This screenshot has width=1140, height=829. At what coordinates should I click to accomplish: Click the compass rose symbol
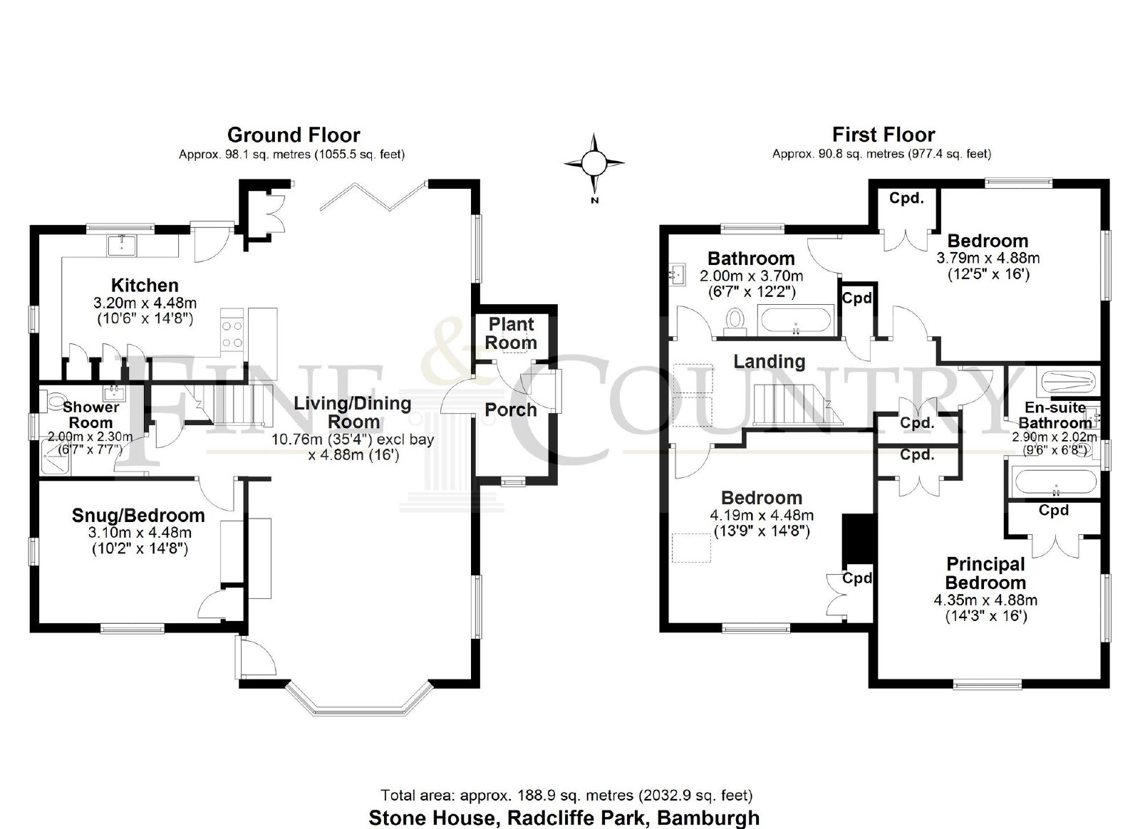point(594,164)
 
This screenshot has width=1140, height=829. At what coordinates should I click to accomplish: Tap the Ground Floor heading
point(294,135)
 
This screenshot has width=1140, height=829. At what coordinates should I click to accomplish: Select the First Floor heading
point(883,135)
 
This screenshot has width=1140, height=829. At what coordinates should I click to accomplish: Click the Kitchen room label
point(145,285)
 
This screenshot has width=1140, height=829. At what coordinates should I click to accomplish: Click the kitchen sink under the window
point(122,245)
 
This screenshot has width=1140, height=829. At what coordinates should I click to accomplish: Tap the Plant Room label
point(511,333)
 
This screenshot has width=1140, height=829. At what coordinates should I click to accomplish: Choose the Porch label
point(510,410)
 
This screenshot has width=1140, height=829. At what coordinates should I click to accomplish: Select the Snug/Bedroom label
point(138,516)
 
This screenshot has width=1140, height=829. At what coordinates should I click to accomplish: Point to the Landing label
point(769,362)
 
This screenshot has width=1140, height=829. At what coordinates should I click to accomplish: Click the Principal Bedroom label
point(986,573)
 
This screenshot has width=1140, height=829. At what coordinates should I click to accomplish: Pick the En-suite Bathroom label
point(1054,415)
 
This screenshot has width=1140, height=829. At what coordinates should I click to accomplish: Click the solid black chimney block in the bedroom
point(858,539)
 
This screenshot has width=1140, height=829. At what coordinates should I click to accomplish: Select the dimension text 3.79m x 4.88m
point(988,258)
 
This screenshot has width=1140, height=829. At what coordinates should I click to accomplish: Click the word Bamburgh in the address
point(708,818)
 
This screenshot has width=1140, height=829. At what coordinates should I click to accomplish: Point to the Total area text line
point(566,795)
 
